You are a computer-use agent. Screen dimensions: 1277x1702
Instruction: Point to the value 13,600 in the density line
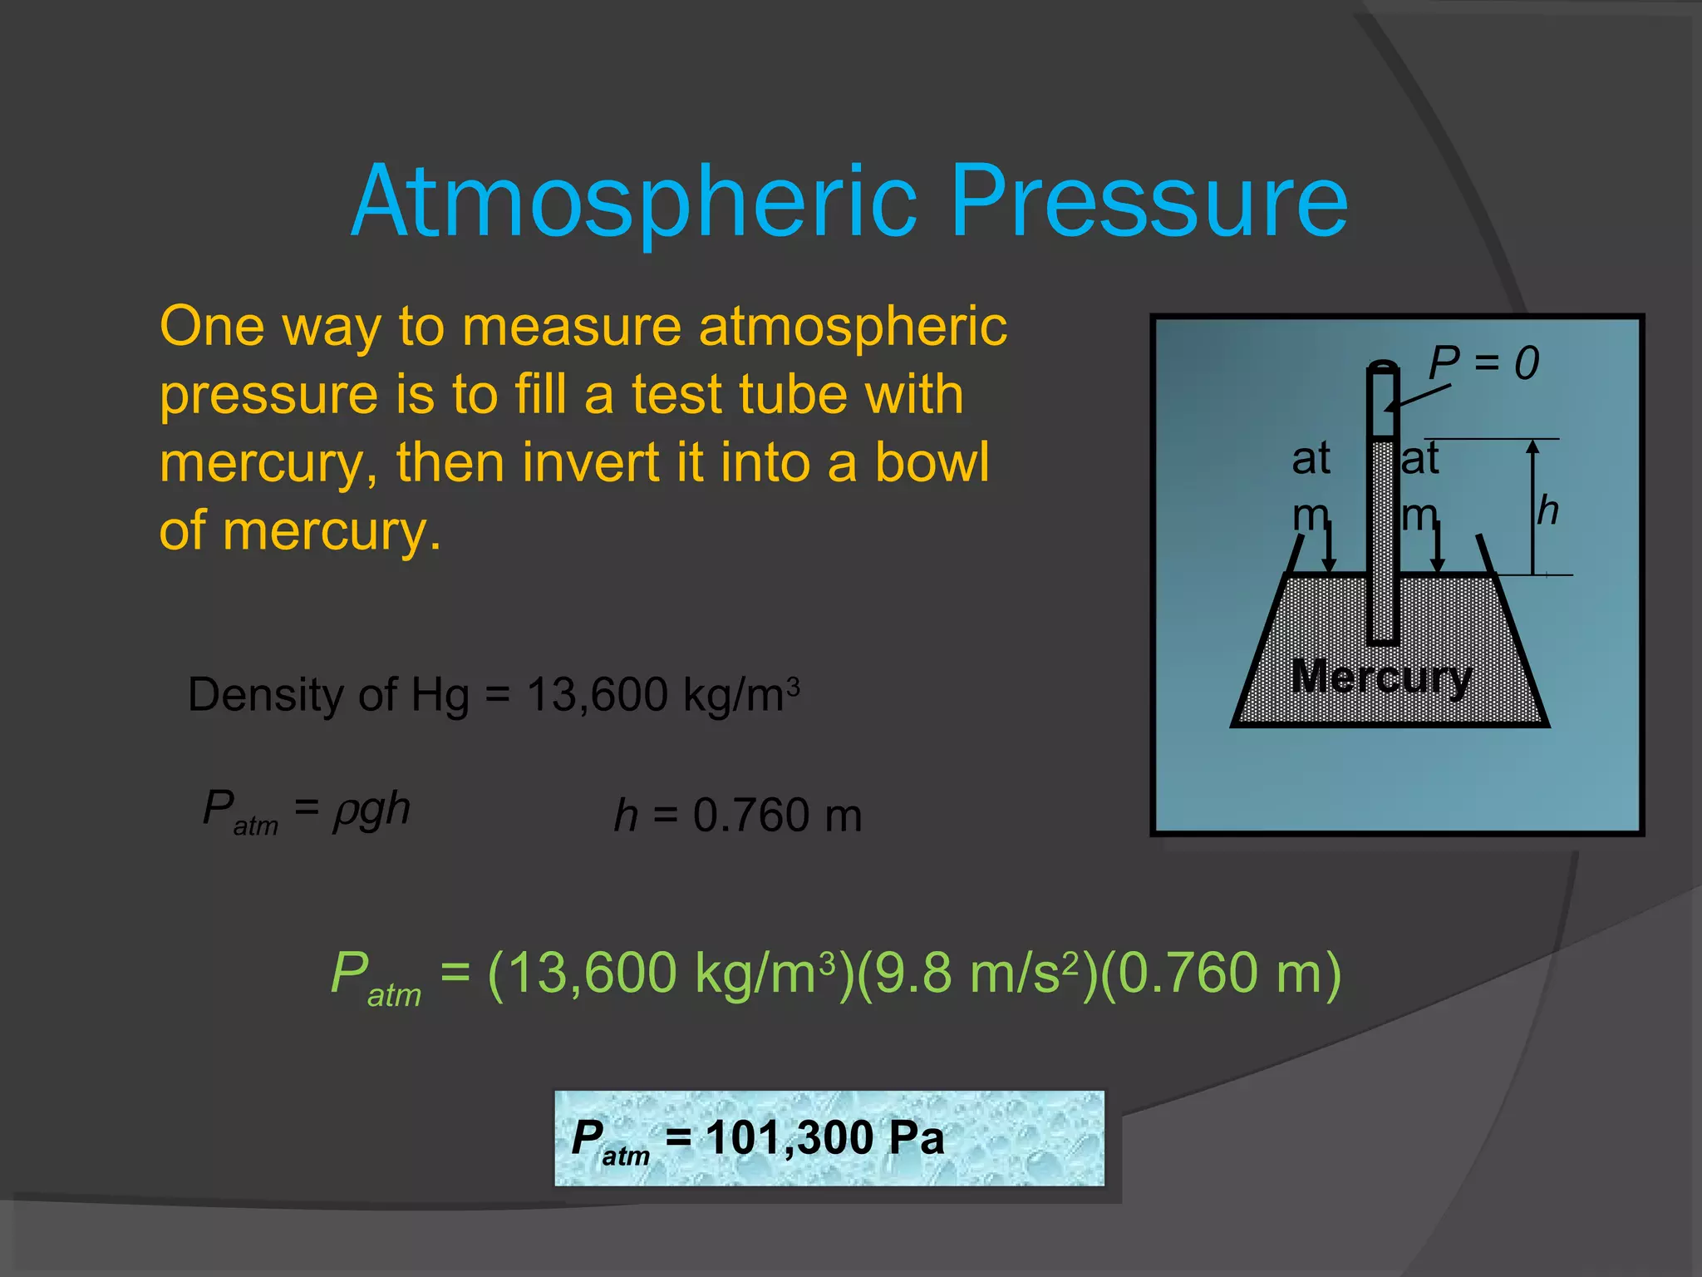tap(597, 694)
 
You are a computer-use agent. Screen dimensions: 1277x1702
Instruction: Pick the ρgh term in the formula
tap(371, 809)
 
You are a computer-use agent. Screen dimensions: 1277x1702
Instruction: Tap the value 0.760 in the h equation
tap(751, 815)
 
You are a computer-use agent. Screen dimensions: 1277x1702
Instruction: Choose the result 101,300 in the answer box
tap(790, 1137)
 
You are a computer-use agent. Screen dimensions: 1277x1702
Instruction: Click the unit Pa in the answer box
tap(916, 1137)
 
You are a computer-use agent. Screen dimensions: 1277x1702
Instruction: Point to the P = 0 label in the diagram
tap(1483, 363)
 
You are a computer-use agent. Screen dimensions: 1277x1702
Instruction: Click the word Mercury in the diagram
tap(1381, 677)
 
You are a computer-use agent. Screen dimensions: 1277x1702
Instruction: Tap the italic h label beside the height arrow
tap(1547, 510)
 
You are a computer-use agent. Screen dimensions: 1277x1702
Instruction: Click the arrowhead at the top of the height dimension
tap(1533, 447)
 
